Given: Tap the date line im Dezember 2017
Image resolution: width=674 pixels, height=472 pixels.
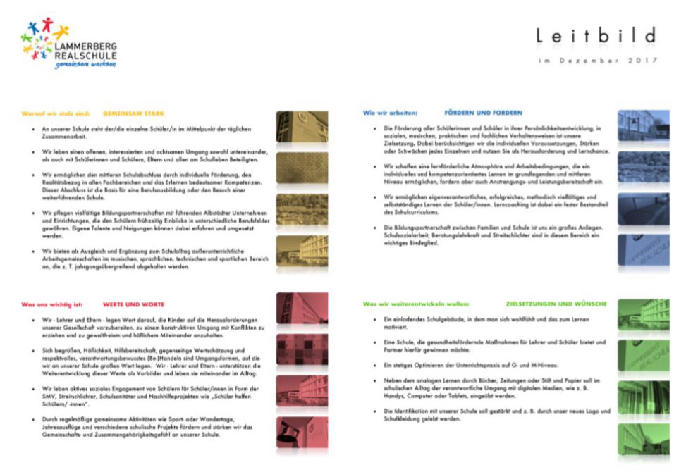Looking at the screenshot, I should (x=596, y=61).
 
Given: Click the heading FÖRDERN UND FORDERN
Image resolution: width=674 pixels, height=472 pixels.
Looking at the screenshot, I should (x=483, y=113).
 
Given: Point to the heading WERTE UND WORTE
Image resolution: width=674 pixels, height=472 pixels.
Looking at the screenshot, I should (x=133, y=304).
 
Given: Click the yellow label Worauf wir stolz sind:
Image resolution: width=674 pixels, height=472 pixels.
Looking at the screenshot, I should (x=56, y=113).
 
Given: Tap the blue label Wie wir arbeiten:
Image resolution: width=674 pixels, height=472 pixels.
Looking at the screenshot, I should (x=390, y=113).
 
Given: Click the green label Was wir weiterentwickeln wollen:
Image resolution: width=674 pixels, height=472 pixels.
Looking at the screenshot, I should (x=415, y=304).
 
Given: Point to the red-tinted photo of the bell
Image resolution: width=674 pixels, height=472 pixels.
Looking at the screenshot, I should (x=301, y=433).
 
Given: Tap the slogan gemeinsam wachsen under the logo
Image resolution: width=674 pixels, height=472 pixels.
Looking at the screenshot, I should (x=75, y=64).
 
